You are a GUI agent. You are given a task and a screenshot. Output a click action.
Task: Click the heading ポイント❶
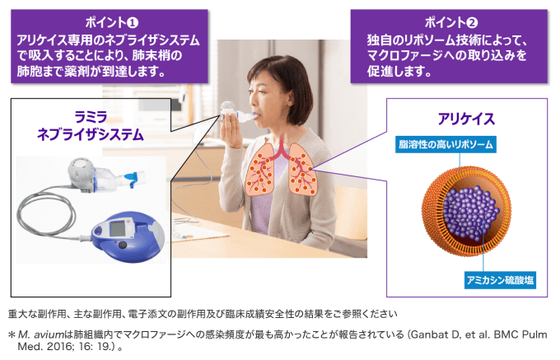coord(111,23)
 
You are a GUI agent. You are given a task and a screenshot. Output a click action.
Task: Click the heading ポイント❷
coord(450,23)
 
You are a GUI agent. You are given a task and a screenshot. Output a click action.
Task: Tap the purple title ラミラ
coord(91,118)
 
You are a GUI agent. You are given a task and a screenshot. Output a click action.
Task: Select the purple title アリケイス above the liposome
coord(466,119)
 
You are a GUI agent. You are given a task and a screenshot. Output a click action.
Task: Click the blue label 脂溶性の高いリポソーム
coord(446,144)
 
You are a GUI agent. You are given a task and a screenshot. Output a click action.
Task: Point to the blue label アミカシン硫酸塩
coord(500,280)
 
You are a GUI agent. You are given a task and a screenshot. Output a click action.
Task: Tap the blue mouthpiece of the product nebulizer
coord(131,179)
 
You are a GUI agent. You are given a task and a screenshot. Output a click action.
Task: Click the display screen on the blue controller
coord(117,228)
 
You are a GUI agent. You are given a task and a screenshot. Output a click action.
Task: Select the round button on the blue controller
coord(123,245)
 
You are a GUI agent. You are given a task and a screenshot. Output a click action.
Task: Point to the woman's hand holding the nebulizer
coord(231,133)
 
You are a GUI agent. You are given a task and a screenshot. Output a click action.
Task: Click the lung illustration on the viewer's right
coord(302,170)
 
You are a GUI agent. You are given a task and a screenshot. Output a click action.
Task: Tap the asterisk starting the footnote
coord(12,334)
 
